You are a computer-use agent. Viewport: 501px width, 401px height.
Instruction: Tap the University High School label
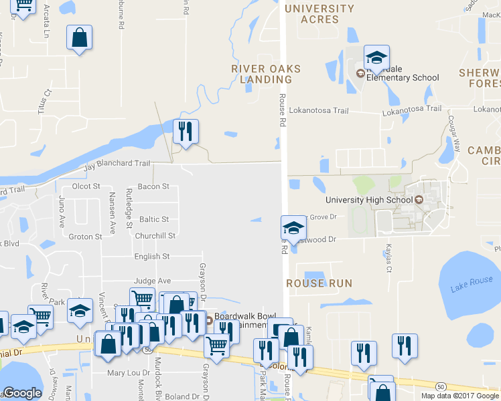pos(369,200)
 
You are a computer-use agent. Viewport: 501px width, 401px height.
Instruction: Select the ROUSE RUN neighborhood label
pos(319,283)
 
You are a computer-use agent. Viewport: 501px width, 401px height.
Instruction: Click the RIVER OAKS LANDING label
pos(266,74)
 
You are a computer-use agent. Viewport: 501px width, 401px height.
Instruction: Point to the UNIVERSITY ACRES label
pos(319,14)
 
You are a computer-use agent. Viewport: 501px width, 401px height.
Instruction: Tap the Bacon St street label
pos(153,186)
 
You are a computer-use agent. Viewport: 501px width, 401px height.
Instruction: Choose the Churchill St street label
pos(155,236)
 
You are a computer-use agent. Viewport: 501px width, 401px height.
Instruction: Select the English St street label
pos(152,257)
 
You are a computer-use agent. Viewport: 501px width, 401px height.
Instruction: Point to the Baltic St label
pos(153,219)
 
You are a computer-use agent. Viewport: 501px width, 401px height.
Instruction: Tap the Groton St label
pos(85,237)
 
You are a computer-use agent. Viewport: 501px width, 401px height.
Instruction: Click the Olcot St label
pos(85,186)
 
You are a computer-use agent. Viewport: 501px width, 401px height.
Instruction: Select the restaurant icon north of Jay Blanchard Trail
pos(186,131)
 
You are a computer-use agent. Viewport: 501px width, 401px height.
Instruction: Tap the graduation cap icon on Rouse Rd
pos(293,229)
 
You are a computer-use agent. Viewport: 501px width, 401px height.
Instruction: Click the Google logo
pos(22,393)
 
